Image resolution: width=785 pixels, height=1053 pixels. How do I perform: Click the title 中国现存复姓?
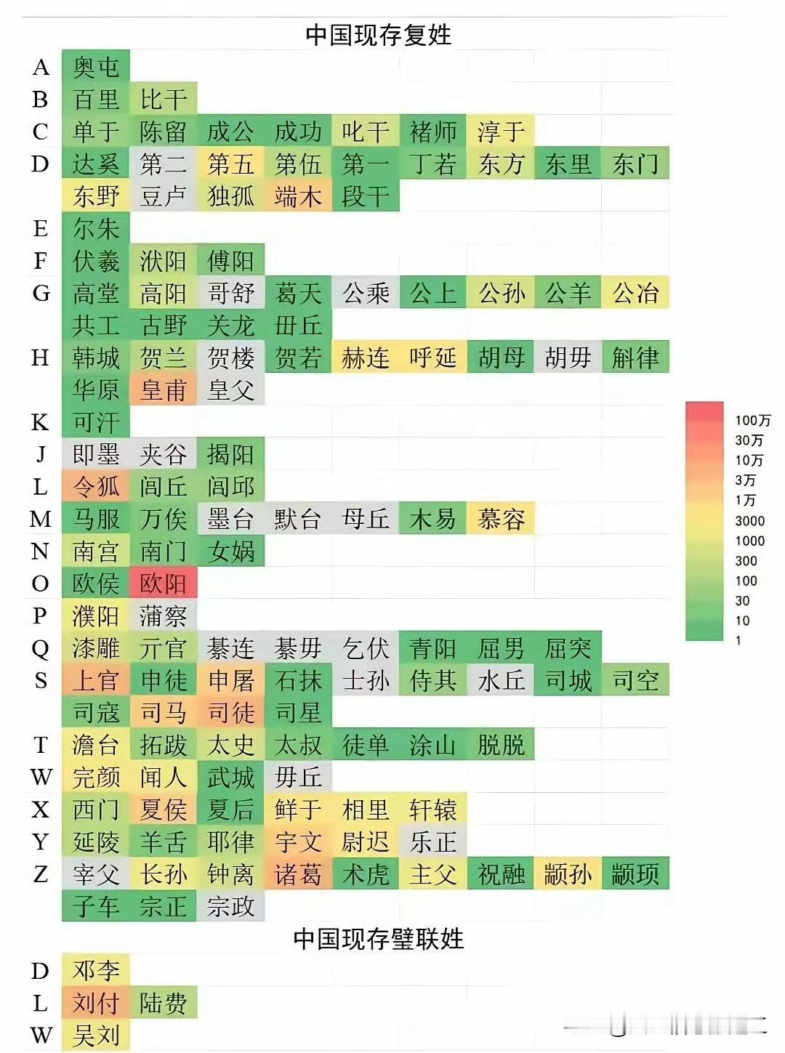click(x=378, y=34)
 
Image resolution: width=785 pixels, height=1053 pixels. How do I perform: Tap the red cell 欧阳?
click(x=164, y=584)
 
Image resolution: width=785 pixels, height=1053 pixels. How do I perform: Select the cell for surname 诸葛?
click(x=298, y=874)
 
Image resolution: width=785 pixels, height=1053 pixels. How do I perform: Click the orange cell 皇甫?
click(x=164, y=390)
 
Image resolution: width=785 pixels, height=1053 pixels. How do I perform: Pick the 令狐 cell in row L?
click(x=96, y=487)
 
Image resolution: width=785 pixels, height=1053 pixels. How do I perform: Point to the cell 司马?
click(x=164, y=712)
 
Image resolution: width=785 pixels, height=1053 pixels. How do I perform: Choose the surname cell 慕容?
click(x=501, y=519)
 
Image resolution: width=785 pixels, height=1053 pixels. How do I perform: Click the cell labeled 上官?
click(x=96, y=680)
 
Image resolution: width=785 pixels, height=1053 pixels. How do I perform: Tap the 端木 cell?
click(x=298, y=196)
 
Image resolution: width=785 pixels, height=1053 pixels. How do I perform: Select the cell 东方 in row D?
click(x=501, y=164)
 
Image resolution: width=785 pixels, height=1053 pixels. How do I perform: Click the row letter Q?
click(x=41, y=648)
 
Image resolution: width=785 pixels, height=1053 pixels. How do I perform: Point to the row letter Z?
click(x=41, y=874)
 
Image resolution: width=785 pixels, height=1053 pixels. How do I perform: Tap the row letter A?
click(x=41, y=67)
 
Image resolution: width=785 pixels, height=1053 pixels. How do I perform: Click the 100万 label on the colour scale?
click(x=752, y=421)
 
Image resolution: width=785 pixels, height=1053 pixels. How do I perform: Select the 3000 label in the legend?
click(x=749, y=521)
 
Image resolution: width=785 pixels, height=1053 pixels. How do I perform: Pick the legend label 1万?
click(x=745, y=501)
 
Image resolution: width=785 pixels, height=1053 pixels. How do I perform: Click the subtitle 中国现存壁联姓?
click(x=378, y=939)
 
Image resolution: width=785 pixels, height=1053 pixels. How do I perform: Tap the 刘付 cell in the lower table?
click(x=96, y=1004)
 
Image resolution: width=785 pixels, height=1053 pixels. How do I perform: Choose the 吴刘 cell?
click(x=96, y=1035)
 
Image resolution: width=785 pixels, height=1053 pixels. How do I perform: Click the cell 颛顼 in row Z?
click(x=635, y=874)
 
